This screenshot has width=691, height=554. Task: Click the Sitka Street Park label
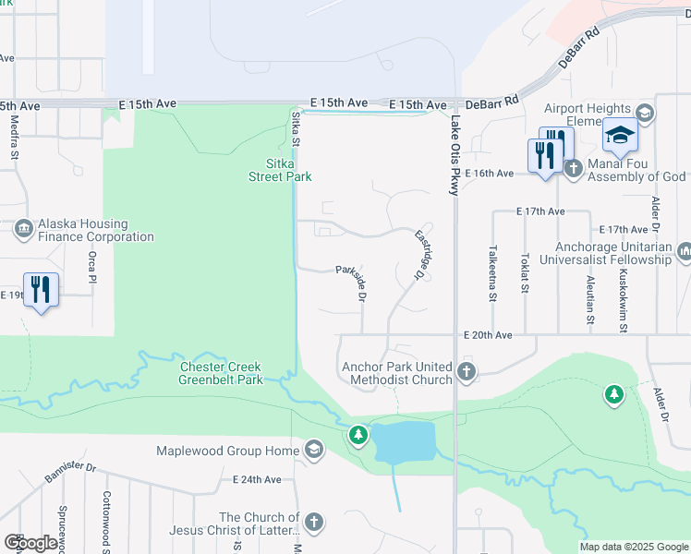282,170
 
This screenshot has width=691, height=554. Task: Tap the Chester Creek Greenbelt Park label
221,373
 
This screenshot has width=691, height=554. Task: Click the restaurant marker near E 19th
41,290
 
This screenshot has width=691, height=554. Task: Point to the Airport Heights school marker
621,138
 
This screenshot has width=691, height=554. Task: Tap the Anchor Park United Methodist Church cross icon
467,373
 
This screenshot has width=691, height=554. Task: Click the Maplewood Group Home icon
313,451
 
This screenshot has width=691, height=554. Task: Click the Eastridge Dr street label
422,252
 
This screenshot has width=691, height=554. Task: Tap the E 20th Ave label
488,335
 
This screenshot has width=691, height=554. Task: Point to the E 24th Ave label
257,479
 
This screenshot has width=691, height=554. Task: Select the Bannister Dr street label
70,473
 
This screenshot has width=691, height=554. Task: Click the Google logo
30,542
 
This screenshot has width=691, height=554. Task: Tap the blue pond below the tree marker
406,441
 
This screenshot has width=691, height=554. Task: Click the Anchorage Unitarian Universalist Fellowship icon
685,251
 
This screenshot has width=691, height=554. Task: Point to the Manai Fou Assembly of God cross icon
574,168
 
